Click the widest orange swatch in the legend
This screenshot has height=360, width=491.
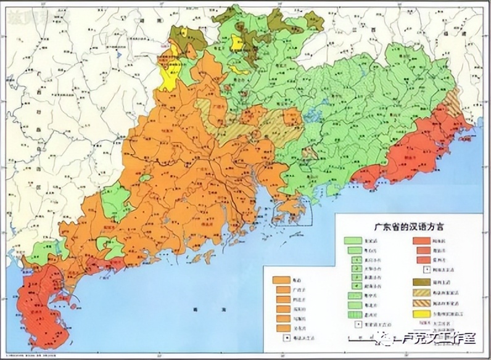(282, 279)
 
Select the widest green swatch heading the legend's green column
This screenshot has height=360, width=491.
(354, 240)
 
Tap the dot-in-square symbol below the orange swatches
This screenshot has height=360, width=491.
(286, 338)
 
